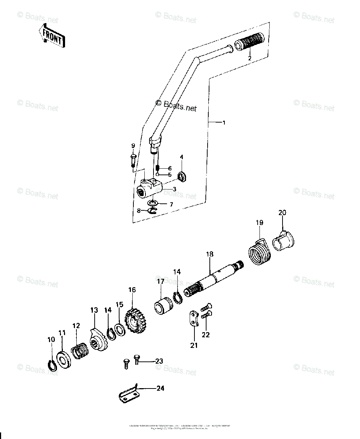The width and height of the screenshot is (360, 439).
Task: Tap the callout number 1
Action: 224,123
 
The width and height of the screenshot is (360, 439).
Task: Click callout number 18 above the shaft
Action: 209,254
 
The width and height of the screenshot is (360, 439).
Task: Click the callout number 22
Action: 206,334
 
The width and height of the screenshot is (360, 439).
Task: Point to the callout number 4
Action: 182,157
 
